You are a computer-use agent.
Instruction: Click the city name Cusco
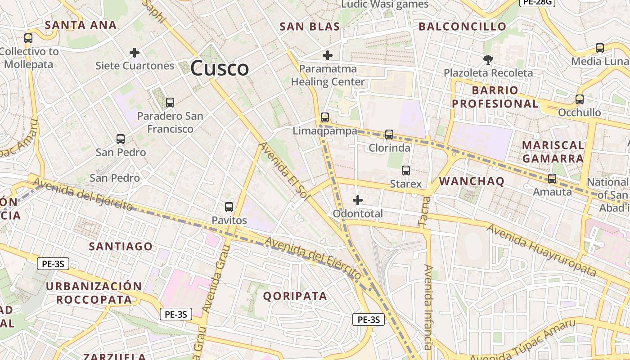pos(219,68)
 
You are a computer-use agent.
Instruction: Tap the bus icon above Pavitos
pos(229,207)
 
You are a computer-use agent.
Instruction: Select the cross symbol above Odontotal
pos(358,200)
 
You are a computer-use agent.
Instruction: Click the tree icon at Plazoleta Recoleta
pos(488,59)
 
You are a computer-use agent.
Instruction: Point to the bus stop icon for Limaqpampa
pos(325,117)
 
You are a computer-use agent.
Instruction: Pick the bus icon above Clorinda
pos(389,134)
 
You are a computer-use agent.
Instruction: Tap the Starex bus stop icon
pos(406,171)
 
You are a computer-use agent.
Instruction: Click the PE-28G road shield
pos(537,2)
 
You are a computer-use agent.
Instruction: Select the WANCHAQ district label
pos(472,181)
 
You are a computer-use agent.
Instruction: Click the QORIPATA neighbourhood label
pos(295,296)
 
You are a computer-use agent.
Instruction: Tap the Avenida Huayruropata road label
pos(541,250)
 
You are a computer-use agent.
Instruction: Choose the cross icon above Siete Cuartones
pos(134,53)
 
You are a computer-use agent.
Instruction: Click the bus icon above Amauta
pos(552,179)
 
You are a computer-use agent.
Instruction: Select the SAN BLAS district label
pos(310,27)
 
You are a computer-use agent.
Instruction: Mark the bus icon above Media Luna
pos(599,48)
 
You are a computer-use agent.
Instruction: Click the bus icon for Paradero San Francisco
pos(170,103)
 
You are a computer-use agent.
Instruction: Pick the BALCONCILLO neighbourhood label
pos(463,27)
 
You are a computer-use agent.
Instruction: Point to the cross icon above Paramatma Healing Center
pos(328,56)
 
